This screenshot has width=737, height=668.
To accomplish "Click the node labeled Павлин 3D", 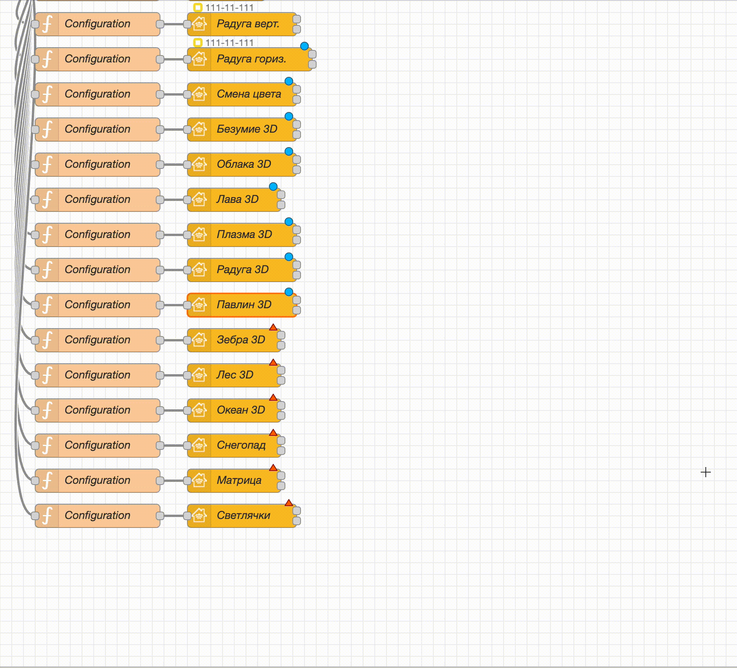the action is click(242, 305).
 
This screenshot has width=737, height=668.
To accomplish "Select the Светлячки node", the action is click(242, 515).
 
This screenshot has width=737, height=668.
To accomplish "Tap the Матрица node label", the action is click(239, 480).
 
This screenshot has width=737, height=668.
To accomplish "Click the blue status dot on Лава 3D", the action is click(273, 187).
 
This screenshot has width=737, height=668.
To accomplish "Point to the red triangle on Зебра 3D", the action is click(273, 327).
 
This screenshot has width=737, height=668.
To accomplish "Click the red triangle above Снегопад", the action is click(273, 432).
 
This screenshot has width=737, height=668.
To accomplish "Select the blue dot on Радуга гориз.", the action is click(304, 46).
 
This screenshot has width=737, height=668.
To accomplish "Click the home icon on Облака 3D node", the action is click(199, 164).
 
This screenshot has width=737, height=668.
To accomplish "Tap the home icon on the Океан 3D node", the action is click(199, 410).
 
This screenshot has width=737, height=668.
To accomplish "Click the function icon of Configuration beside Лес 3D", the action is click(47, 375).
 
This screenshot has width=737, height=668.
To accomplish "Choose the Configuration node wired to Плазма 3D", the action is click(98, 235).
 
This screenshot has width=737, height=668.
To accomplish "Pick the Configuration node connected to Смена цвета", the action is click(98, 94).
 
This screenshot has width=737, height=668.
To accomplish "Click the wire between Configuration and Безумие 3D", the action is click(174, 129).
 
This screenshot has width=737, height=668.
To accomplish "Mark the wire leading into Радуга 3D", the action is click(174, 270).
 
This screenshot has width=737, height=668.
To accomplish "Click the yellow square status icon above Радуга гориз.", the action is click(198, 43).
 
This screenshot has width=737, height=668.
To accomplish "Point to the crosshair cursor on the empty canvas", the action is click(706, 472).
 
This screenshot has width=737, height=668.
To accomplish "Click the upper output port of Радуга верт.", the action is click(297, 19).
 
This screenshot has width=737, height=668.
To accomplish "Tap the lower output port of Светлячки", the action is click(297, 521).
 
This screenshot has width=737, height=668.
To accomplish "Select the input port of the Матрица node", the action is click(187, 480).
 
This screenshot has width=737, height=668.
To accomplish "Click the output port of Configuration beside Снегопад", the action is click(160, 445).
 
